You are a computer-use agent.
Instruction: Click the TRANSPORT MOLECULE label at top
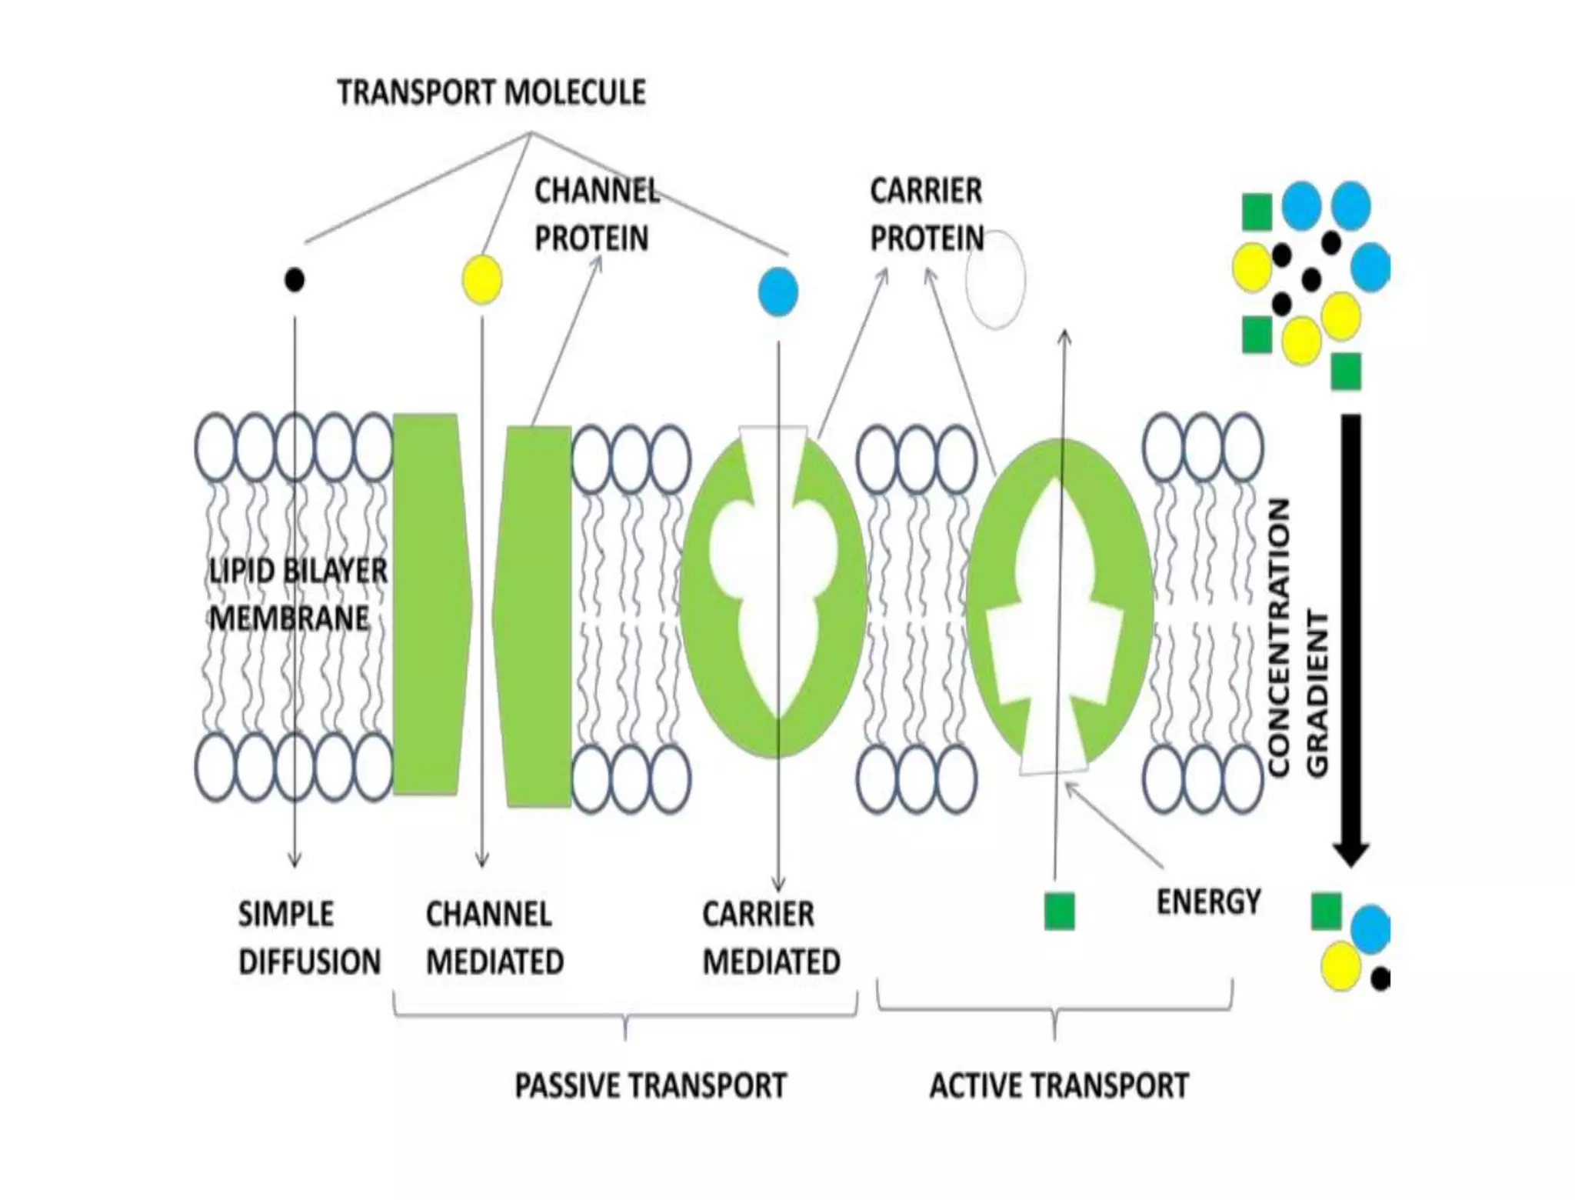pos(491,92)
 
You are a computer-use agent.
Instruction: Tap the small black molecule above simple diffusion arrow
pos(295,279)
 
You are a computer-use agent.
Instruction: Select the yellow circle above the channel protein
pos(482,278)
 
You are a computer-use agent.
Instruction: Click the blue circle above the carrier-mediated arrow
pos(778,292)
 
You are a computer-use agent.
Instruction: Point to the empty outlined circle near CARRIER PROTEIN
pos(996,280)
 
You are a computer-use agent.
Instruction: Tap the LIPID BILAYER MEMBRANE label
pos(298,594)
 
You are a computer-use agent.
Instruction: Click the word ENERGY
pos(1208,901)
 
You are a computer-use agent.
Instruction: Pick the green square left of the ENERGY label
pos(1059,911)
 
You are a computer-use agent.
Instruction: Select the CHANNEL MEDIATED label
pos(494,938)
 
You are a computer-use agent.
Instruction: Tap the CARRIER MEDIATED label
pos(771,938)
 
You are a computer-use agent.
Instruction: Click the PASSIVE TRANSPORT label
pos(651,1085)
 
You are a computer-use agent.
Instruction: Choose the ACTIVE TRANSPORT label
pos(1059,1085)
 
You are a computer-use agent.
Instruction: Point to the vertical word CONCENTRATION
pos(1277,638)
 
